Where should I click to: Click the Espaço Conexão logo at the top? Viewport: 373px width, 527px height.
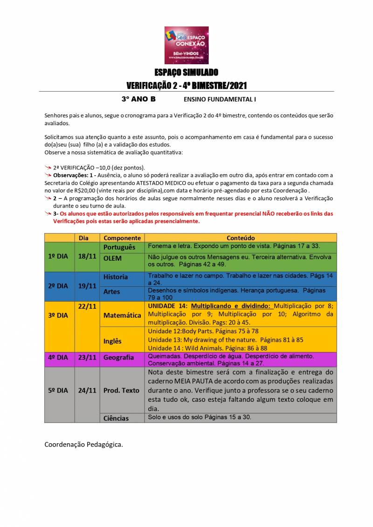tap(186, 45)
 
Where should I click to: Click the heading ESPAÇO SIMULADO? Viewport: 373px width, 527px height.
tap(186, 73)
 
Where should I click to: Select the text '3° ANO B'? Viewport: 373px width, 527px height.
tap(138, 99)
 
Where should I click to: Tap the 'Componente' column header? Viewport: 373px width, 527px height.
tap(122, 238)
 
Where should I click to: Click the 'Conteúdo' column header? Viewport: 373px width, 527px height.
tap(241, 238)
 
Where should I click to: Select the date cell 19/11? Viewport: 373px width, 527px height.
tap(87, 286)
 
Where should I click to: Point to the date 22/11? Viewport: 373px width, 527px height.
tap(87, 306)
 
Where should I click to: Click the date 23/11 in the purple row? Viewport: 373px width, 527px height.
tap(87, 358)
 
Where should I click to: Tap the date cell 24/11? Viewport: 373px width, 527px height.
tap(87, 391)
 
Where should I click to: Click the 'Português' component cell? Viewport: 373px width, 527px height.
tap(119, 247)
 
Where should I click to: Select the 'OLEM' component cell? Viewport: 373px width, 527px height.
tap(112, 258)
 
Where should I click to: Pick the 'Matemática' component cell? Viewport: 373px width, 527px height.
tap(122, 315)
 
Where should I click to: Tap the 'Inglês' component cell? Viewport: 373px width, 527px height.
tap(112, 341)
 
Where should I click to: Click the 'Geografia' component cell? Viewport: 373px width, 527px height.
tap(119, 358)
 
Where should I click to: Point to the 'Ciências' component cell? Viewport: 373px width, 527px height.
tap(116, 418)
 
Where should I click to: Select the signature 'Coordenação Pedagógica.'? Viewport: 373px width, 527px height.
tap(84, 444)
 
